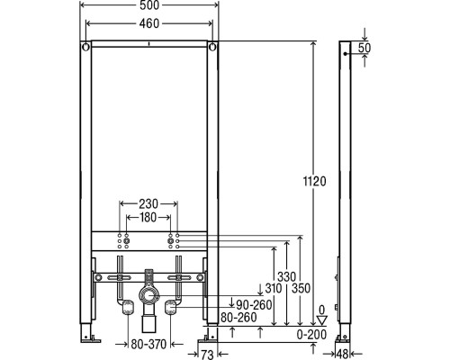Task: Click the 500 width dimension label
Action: pos(149,5)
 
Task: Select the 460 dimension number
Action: pos(149,23)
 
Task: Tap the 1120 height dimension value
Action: pos(314,181)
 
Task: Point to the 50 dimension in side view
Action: pos(364,48)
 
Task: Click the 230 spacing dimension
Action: pos(148,204)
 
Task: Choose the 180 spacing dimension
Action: pos(148,218)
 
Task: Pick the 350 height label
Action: pos(301,288)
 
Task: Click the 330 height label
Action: pos(286,276)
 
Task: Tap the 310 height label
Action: pos(274,288)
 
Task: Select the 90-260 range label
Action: pos(254,305)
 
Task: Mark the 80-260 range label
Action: pos(238,318)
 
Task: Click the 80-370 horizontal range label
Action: pos(148,344)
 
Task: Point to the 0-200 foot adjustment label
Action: pos(311,335)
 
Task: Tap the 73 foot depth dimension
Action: pos(207,355)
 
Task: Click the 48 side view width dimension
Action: pos(342,355)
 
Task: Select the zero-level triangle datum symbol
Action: pos(321,320)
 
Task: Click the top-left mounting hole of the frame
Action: pos(85,47)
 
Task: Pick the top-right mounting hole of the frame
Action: pos(212,47)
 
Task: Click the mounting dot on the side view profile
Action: pos(345,54)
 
